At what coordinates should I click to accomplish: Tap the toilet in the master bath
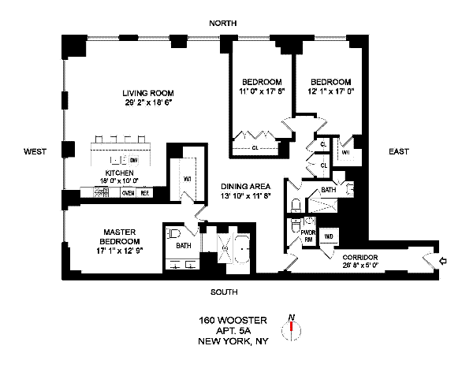pyautogui.click(x=174, y=234)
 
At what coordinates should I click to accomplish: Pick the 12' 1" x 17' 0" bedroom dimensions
pyautogui.click(x=331, y=91)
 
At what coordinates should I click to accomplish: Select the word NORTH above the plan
pyautogui.click(x=223, y=24)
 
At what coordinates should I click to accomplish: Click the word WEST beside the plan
pyautogui.click(x=34, y=151)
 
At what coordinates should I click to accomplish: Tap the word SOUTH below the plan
pyautogui.click(x=224, y=292)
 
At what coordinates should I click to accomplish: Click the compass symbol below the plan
pyautogui.click(x=292, y=328)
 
